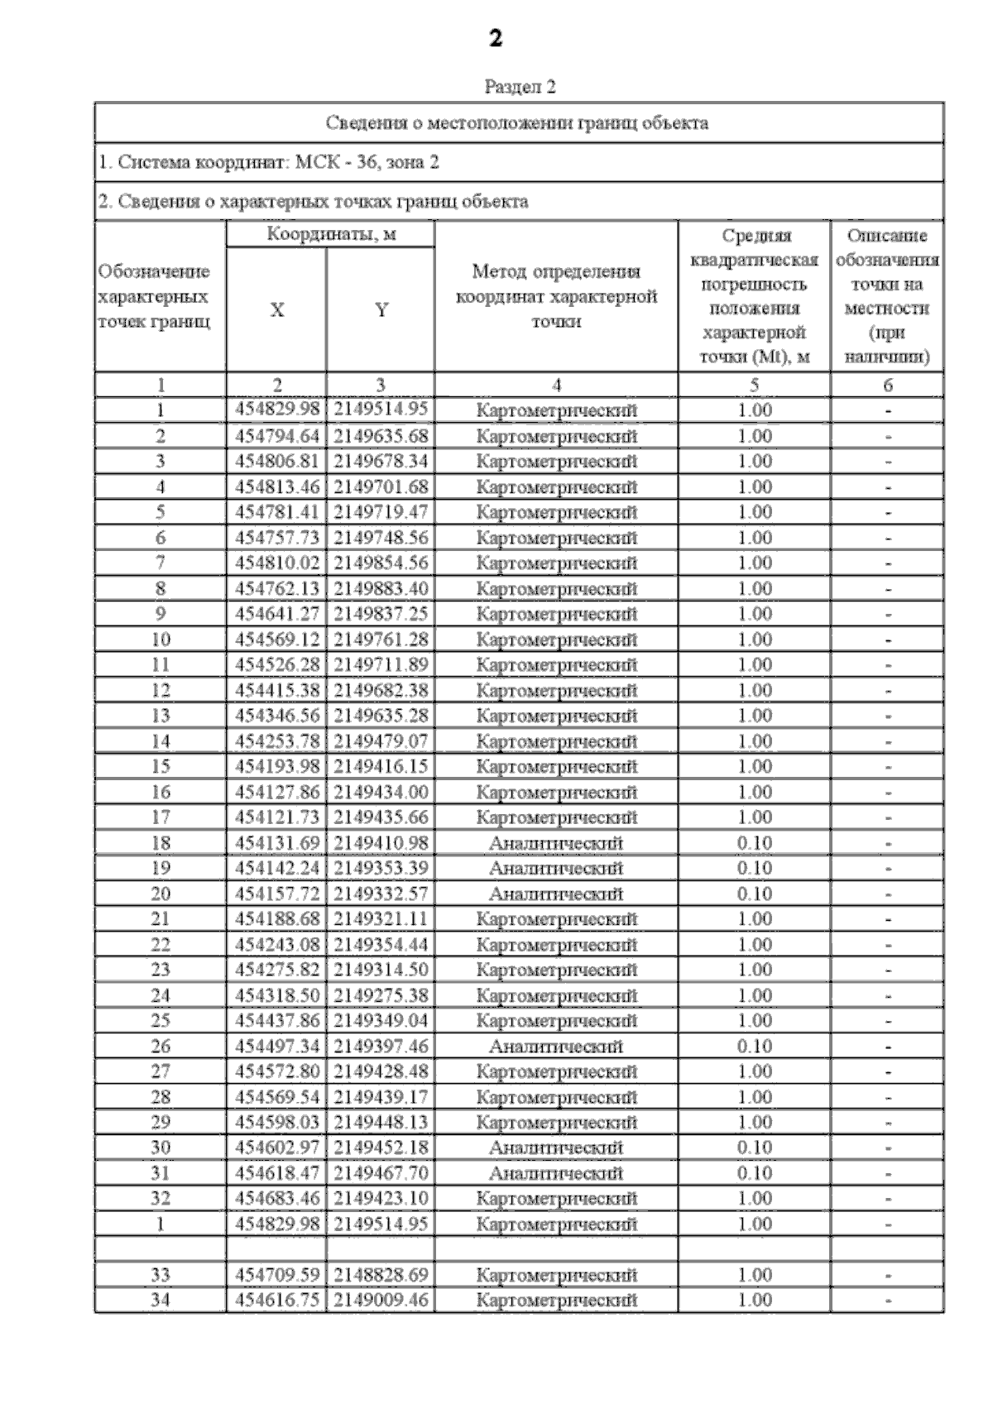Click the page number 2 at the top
(x=495, y=38)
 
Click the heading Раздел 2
(x=520, y=86)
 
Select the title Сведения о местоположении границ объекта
(x=517, y=123)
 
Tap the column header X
(x=276, y=310)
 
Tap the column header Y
(x=381, y=310)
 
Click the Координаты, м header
(x=331, y=234)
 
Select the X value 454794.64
(x=276, y=436)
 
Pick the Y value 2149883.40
(x=381, y=588)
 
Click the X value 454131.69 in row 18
(x=276, y=843)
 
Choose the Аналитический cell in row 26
(x=556, y=1047)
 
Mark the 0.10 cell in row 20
(x=754, y=894)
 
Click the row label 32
(x=160, y=1199)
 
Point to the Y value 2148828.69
(x=381, y=1275)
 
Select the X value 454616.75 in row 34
(x=276, y=1300)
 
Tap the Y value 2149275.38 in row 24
(x=381, y=995)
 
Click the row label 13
(x=160, y=716)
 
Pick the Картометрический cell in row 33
(x=556, y=1275)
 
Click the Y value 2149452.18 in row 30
(x=381, y=1148)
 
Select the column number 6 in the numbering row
(x=887, y=385)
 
